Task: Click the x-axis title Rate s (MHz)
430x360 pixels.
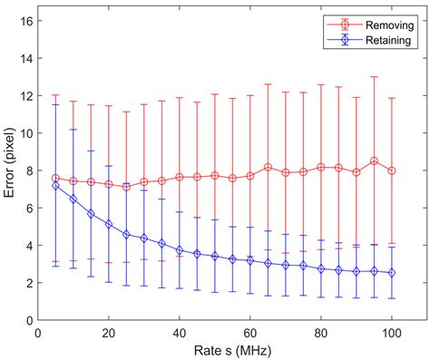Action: pyautogui.click(x=232, y=350)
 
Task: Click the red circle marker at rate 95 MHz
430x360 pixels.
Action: pyautogui.click(x=374, y=161)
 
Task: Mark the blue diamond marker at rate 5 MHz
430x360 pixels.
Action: pyautogui.click(x=56, y=185)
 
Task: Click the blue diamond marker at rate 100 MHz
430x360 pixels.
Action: pyautogui.click(x=392, y=272)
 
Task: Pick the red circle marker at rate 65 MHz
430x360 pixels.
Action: pyautogui.click(x=268, y=167)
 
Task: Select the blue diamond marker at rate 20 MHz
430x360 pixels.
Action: pyautogui.click(x=109, y=224)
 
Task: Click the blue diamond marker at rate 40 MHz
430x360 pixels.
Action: pyautogui.click(x=180, y=249)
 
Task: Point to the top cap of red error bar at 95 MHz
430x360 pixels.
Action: pyautogui.click(x=374, y=76)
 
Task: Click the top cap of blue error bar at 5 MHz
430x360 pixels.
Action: pyautogui.click(x=56, y=104)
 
